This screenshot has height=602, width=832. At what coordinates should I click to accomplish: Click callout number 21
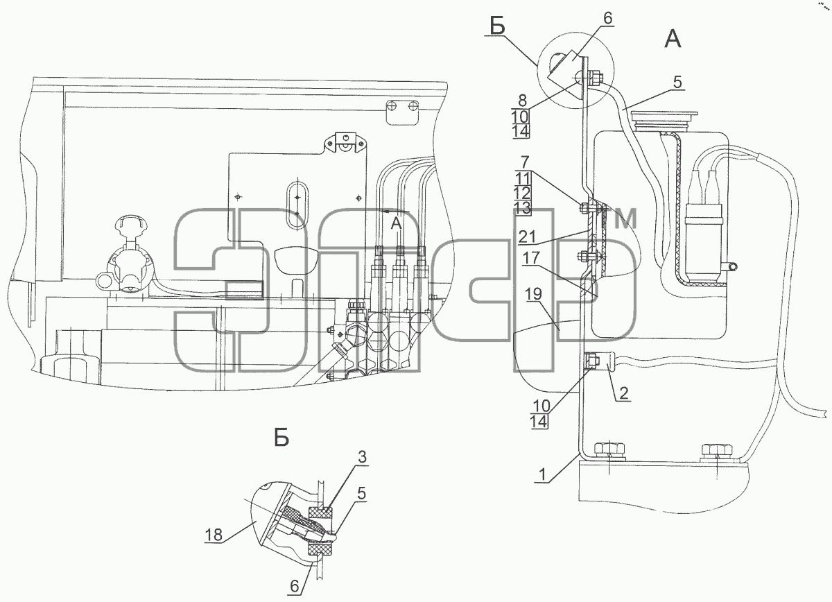pyautogui.click(x=527, y=237)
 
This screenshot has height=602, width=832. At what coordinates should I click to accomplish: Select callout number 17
pyautogui.click(x=532, y=258)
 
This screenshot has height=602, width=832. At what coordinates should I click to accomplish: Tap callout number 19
pyautogui.click(x=534, y=294)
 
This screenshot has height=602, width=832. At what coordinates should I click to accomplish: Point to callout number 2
pyautogui.click(x=623, y=393)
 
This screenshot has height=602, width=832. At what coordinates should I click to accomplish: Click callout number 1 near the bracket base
pyautogui.click(x=543, y=474)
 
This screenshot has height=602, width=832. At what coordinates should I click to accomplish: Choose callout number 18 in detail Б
pyautogui.click(x=214, y=535)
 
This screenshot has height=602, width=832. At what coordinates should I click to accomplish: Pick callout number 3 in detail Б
pyautogui.click(x=362, y=457)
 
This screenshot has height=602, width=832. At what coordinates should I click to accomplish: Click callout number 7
pyautogui.click(x=524, y=162)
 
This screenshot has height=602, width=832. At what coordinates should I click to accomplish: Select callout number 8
pyautogui.click(x=522, y=101)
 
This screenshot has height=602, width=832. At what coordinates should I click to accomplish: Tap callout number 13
pyautogui.click(x=523, y=208)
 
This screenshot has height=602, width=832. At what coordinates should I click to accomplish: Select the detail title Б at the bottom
pyautogui.click(x=281, y=438)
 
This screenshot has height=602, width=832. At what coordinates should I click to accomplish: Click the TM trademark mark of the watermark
pyautogui.click(x=624, y=218)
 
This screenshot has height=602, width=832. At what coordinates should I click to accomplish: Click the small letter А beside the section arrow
pyautogui.click(x=397, y=223)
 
